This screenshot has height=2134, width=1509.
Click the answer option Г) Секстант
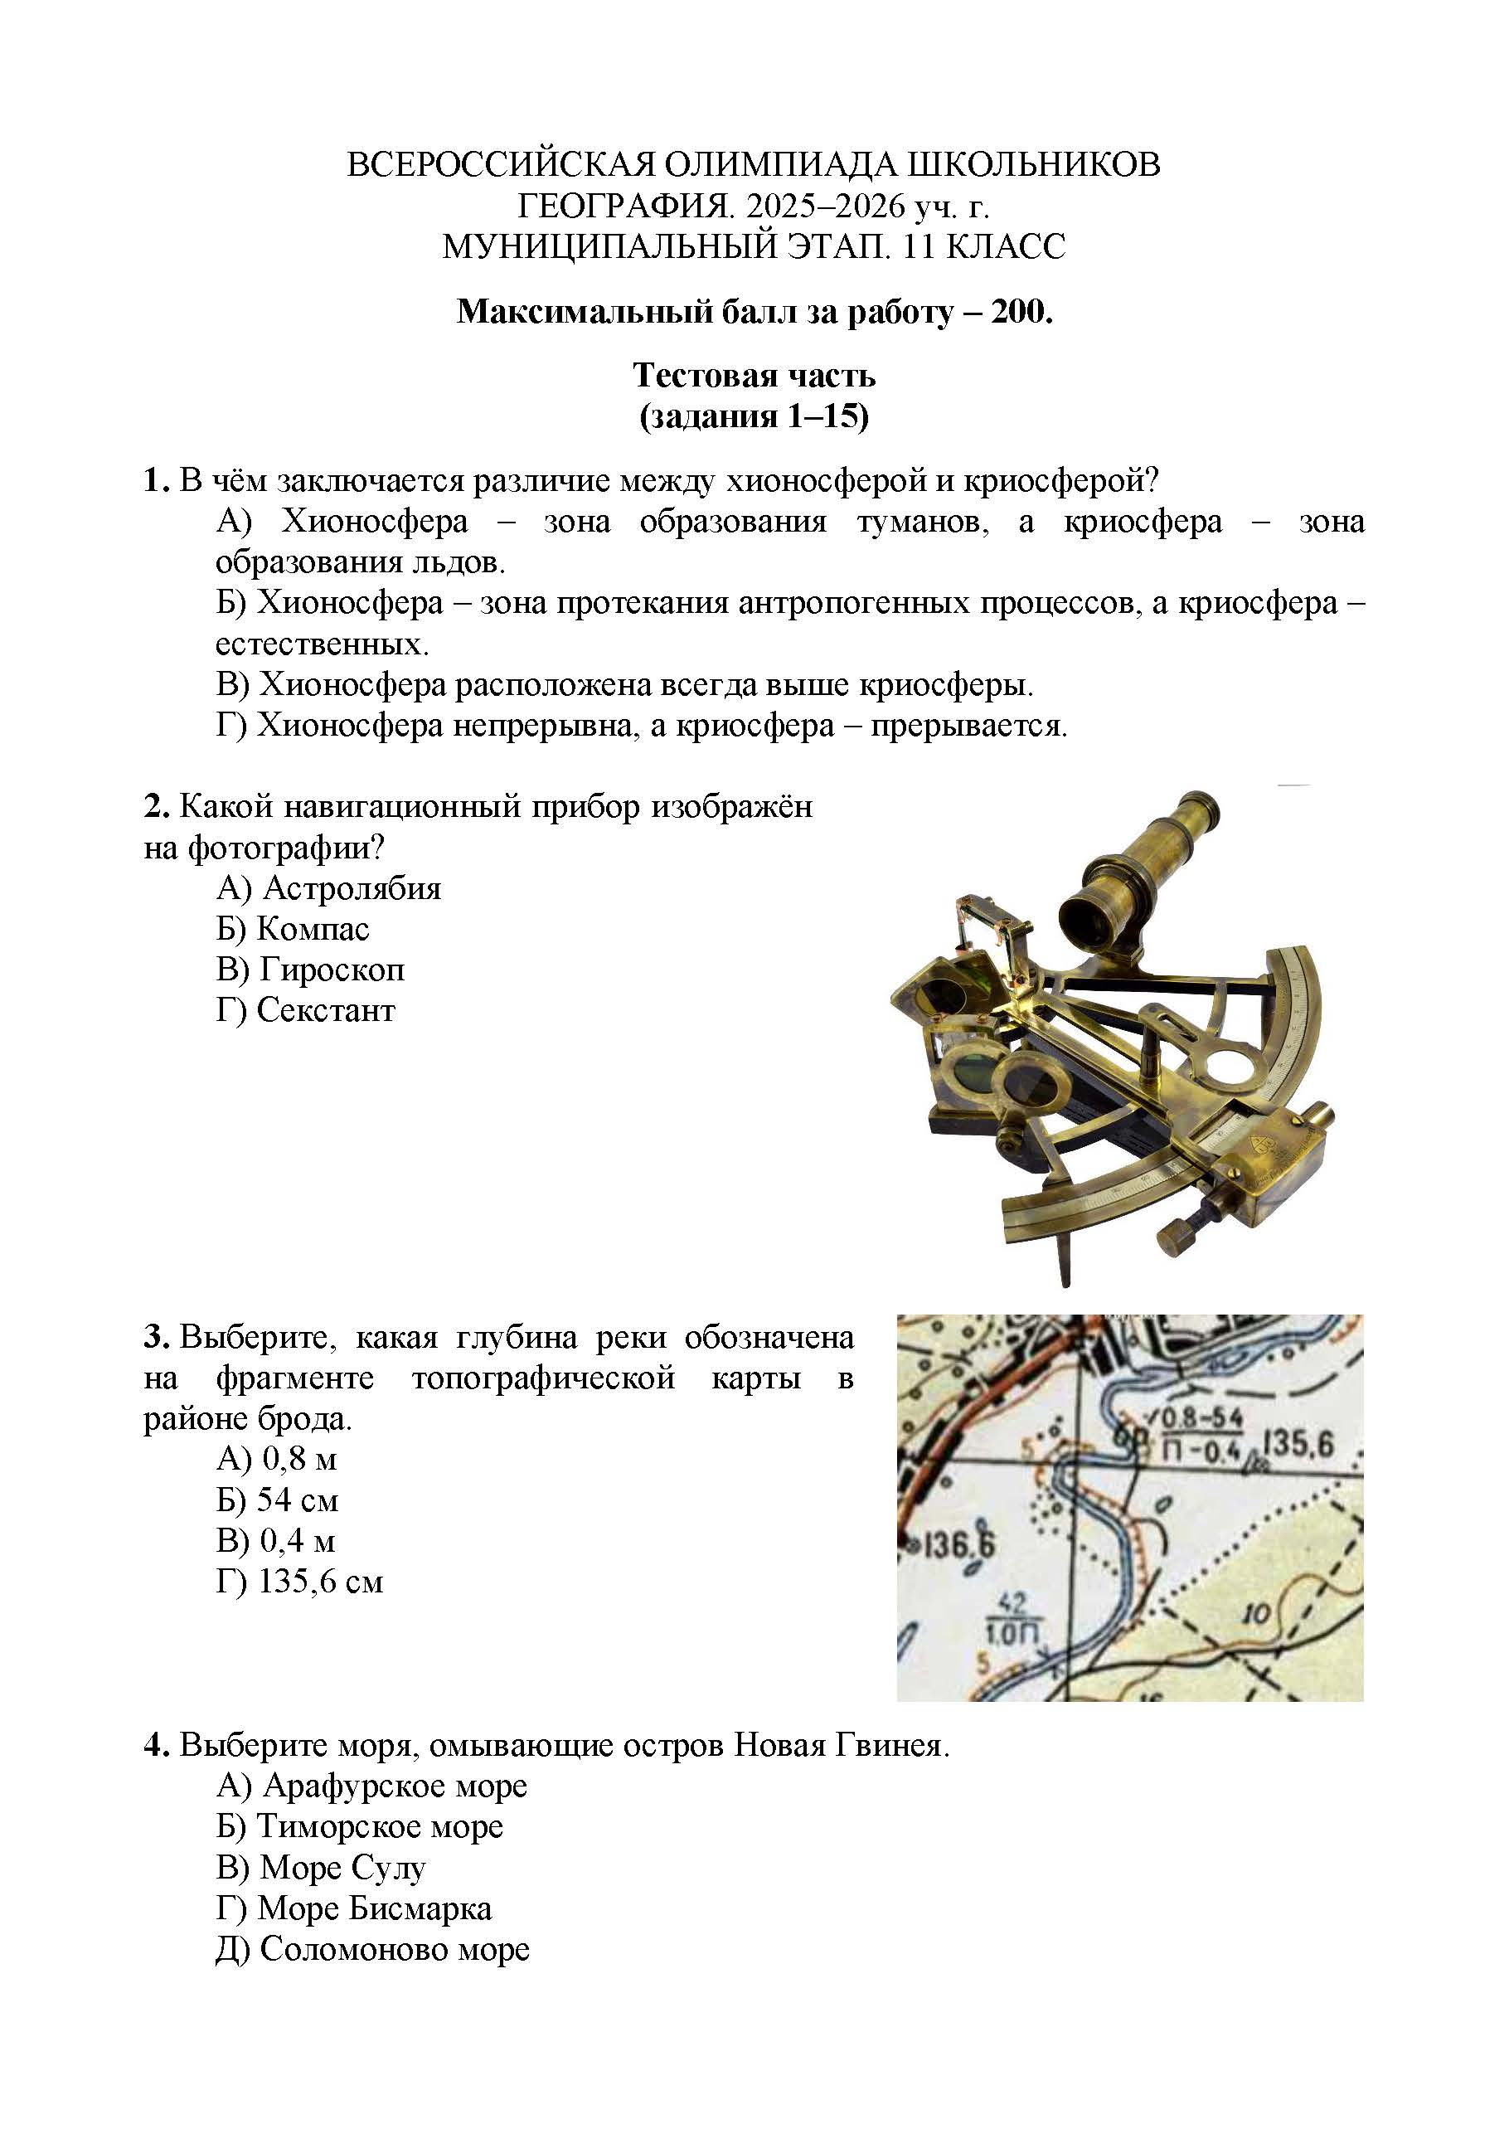pos(306,1010)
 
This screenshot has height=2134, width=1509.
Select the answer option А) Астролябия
pos(328,888)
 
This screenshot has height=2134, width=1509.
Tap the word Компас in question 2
pos(313,930)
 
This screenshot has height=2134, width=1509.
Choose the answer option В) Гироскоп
pos(310,970)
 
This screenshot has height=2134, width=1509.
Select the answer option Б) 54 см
pos(277,1500)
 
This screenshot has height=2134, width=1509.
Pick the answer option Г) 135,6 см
pos(299,1582)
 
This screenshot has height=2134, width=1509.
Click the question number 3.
pos(154,1338)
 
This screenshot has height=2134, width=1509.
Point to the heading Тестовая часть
pos(754,376)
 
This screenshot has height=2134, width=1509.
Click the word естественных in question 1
pos(322,644)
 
